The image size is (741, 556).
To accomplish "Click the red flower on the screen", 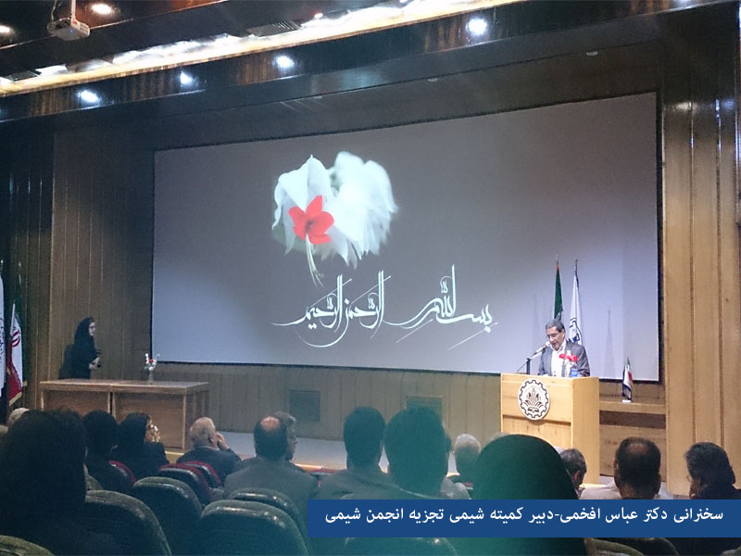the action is click(x=311, y=221).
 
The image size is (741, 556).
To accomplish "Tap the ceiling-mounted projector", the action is click(x=68, y=28).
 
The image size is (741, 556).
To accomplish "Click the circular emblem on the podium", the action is click(x=534, y=399).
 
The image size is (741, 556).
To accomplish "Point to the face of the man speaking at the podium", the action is click(x=554, y=335).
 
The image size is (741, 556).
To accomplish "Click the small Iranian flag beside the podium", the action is click(x=627, y=379).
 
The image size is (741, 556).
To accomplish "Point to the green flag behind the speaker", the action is click(x=559, y=291).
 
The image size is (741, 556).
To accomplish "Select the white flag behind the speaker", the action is click(x=575, y=304).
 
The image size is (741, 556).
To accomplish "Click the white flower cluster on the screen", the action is click(x=334, y=208).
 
